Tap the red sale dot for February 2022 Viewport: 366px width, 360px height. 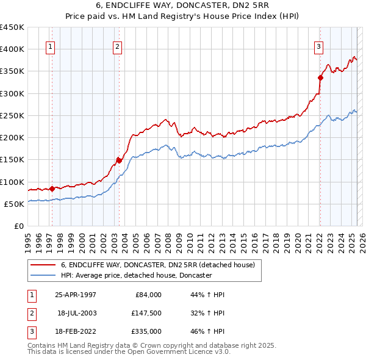(x=320, y=77)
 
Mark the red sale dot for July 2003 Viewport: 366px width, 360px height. (x=119, y=160)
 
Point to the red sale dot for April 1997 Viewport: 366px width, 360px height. (x=52, y=189)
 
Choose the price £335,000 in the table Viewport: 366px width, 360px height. (x=147, y=331)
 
